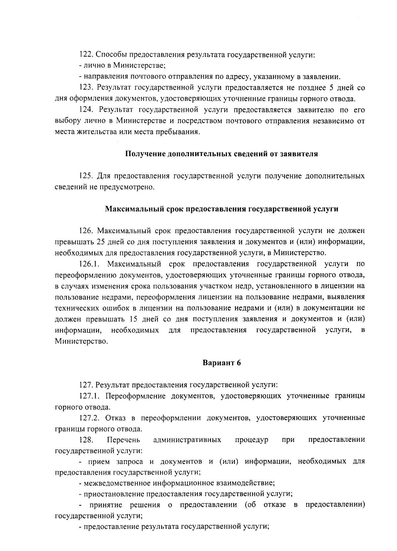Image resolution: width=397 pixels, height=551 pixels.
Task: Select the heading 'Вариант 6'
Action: tap(222, 363)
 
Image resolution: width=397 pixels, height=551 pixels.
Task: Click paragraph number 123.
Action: tap(86, 88)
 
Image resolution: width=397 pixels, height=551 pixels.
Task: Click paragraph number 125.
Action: tap(86, 176)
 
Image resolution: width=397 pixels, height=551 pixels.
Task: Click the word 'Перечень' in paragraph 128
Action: tap(123, 440)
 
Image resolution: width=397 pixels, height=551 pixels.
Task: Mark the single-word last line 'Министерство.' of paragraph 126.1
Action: tap(81, 341)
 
